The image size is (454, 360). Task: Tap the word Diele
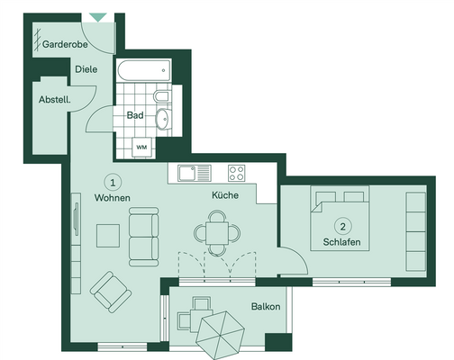[86, 68]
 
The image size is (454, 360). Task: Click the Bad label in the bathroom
[135, 115]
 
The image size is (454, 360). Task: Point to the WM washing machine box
[141, 146]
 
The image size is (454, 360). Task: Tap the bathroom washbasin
[163, 119]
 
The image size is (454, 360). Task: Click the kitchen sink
[194, 172]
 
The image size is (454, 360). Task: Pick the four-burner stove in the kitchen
[238, 172]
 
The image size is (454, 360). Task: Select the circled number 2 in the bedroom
[341, 225]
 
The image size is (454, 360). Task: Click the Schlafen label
[341, 242]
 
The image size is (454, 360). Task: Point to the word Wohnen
[113, 198]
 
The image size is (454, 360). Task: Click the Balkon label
[265, 307]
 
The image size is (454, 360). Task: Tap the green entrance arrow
[97, 17]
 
